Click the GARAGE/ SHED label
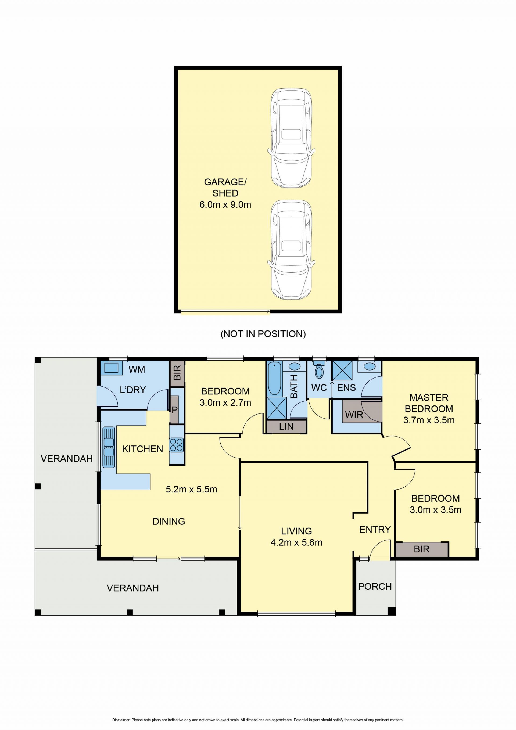[225, 188]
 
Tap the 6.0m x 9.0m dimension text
[225, 204]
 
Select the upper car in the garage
[291, 138]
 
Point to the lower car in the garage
[291, 250]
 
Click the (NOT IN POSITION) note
[263, 334]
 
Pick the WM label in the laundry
[137, 369]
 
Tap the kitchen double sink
[109, 447]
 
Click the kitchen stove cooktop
[177, 445]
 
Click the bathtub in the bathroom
[274, 379]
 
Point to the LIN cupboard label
[286, 427]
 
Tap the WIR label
[354, 415]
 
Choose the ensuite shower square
[342, 371]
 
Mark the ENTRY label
[375, 529]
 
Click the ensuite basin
[369, 366]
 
